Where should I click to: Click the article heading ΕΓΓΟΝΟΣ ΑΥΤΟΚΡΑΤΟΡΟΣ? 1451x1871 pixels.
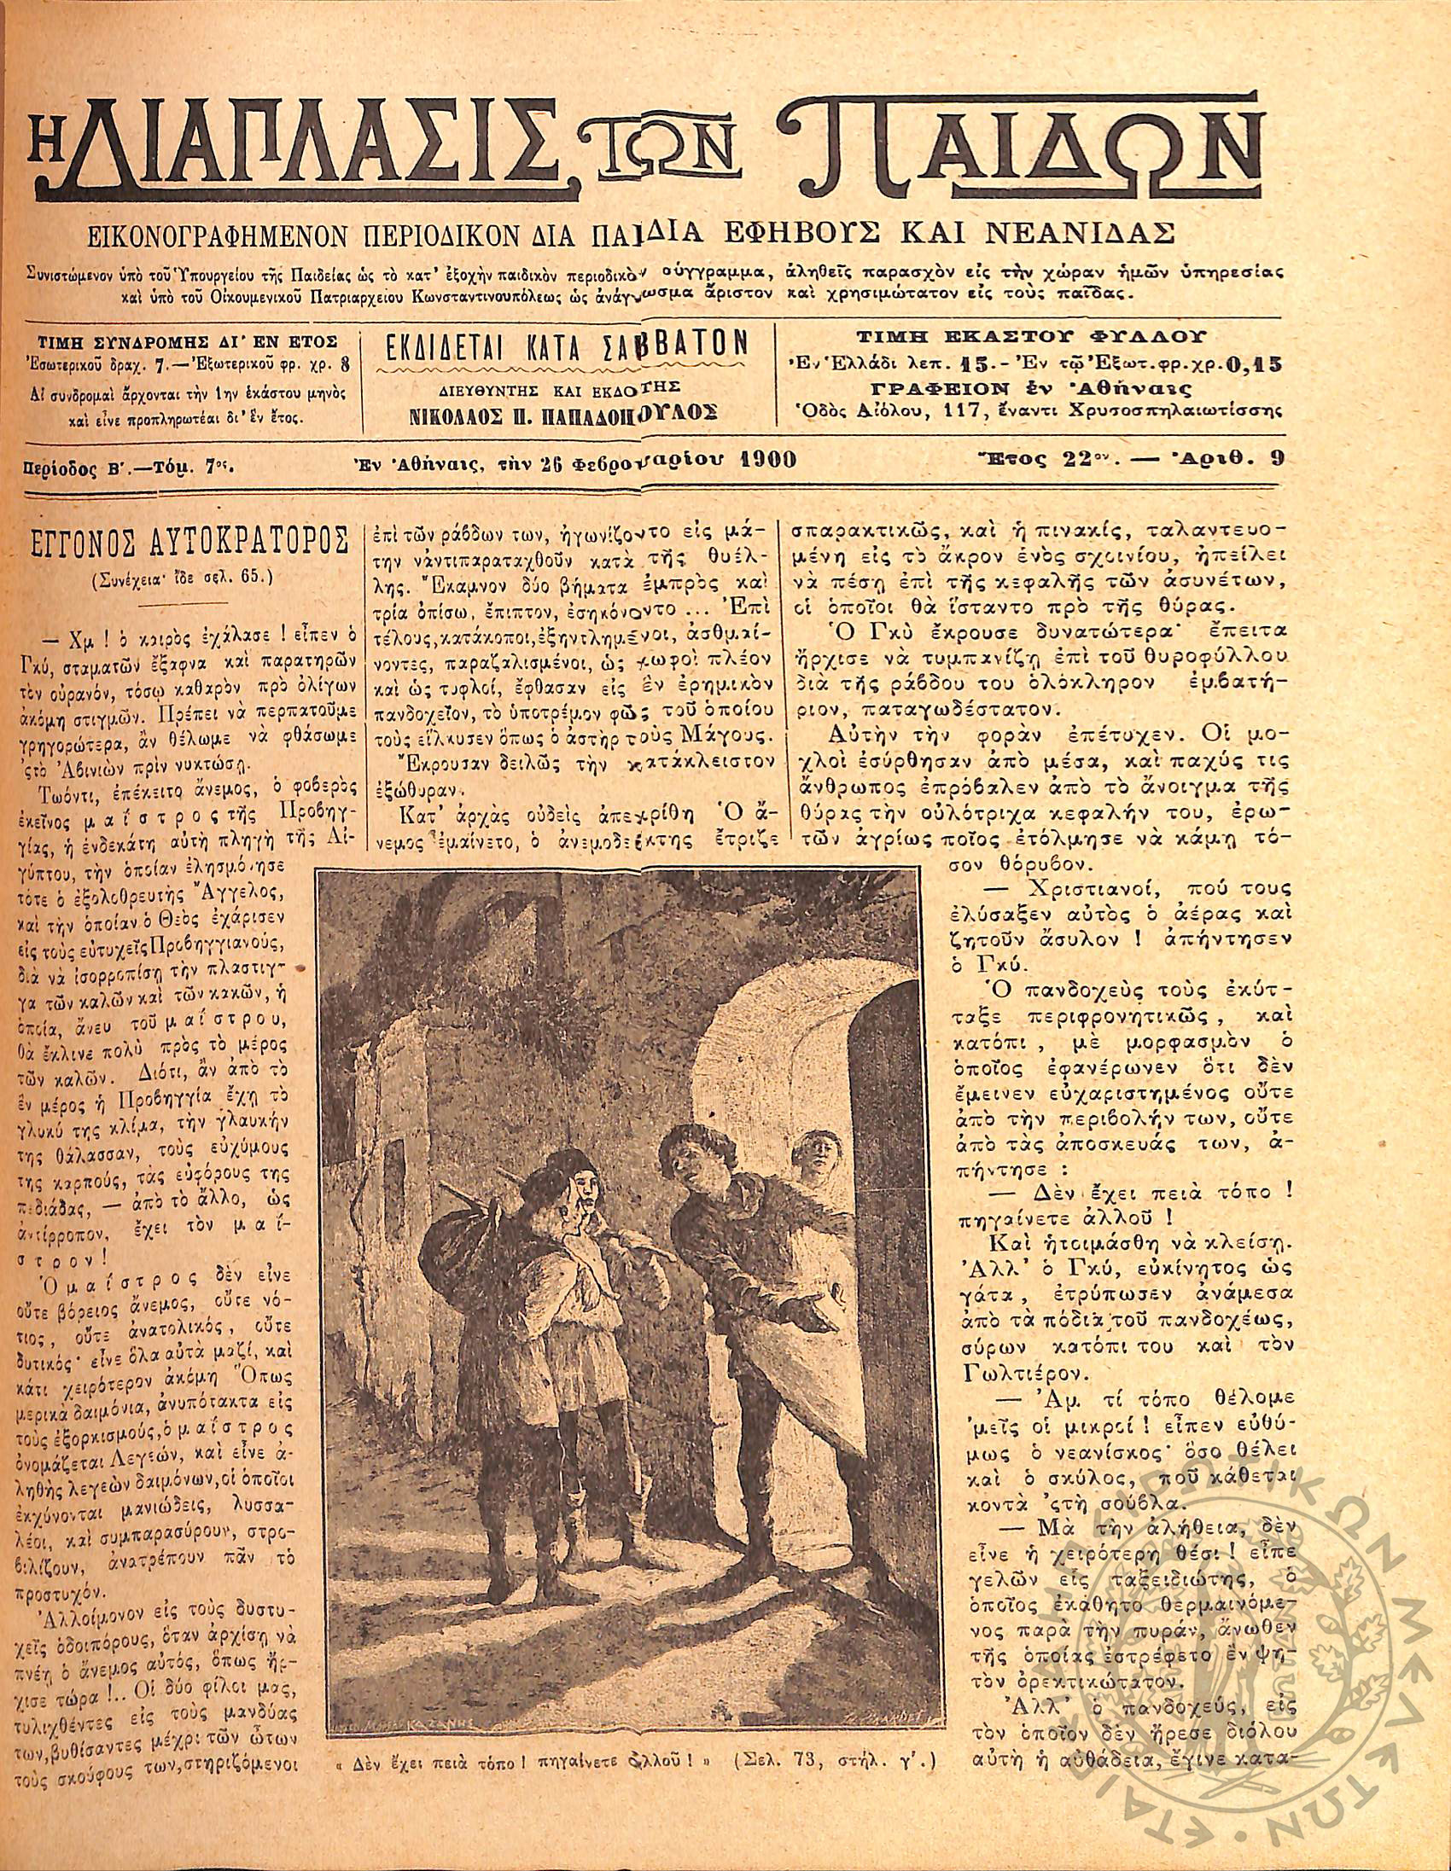187,543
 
